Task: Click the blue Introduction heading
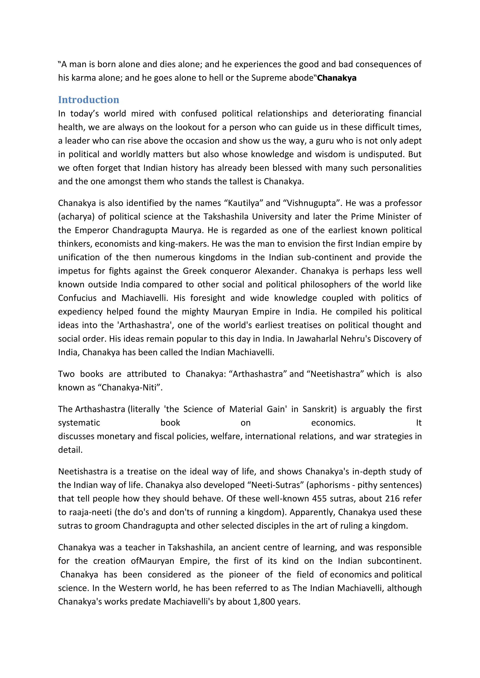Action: pos(88,100)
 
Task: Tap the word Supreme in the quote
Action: pos(269,78)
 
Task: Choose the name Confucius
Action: pos(77,298)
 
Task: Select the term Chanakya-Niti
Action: pos(129,388)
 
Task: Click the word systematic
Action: pos(79,423)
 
